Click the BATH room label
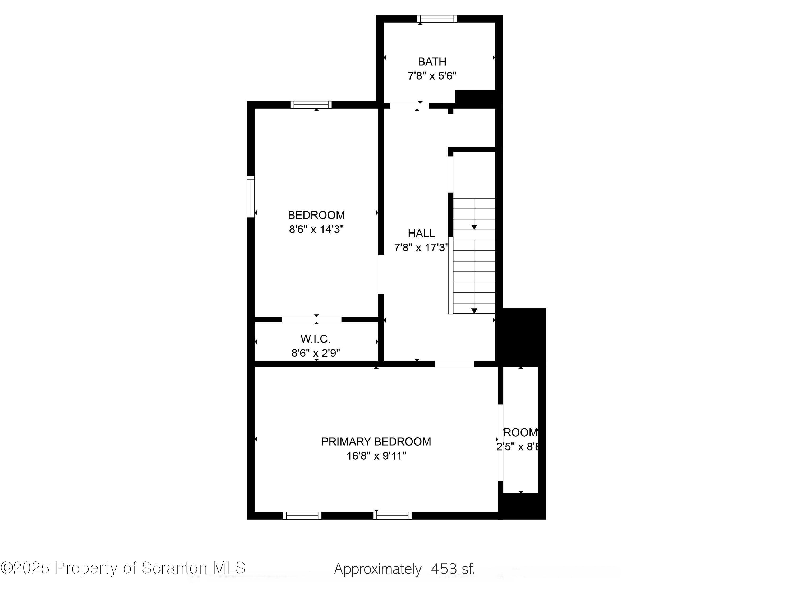coord(432,62)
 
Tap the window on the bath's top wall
coord(437,19)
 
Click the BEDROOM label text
coord(316,215)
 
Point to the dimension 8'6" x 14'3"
coord(316,230)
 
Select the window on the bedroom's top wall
coord(311,105)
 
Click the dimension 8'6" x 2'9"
coord(315,353)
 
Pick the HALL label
coord(421,234)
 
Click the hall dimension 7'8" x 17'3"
coord(421,248)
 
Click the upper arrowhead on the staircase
coord(474,227)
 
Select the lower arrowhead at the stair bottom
coord(474,311)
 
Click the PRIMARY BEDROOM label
coord(376,442)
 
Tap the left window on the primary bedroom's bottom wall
coord(302,516)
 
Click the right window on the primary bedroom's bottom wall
coord(392,516)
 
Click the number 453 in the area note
coord(444,569)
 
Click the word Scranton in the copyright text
coord(174,568)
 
